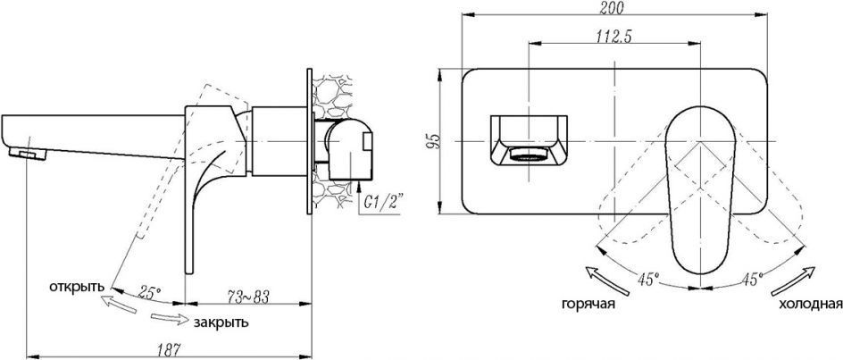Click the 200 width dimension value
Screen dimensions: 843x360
tap(612, 7)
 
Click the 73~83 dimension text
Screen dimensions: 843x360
tap(247, 296)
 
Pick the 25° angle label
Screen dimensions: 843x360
tap(149, 293)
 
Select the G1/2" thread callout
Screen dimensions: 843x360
tap(384, 203)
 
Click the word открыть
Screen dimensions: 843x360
tap(76, 286)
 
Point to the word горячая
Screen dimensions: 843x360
tap(588, 304)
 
